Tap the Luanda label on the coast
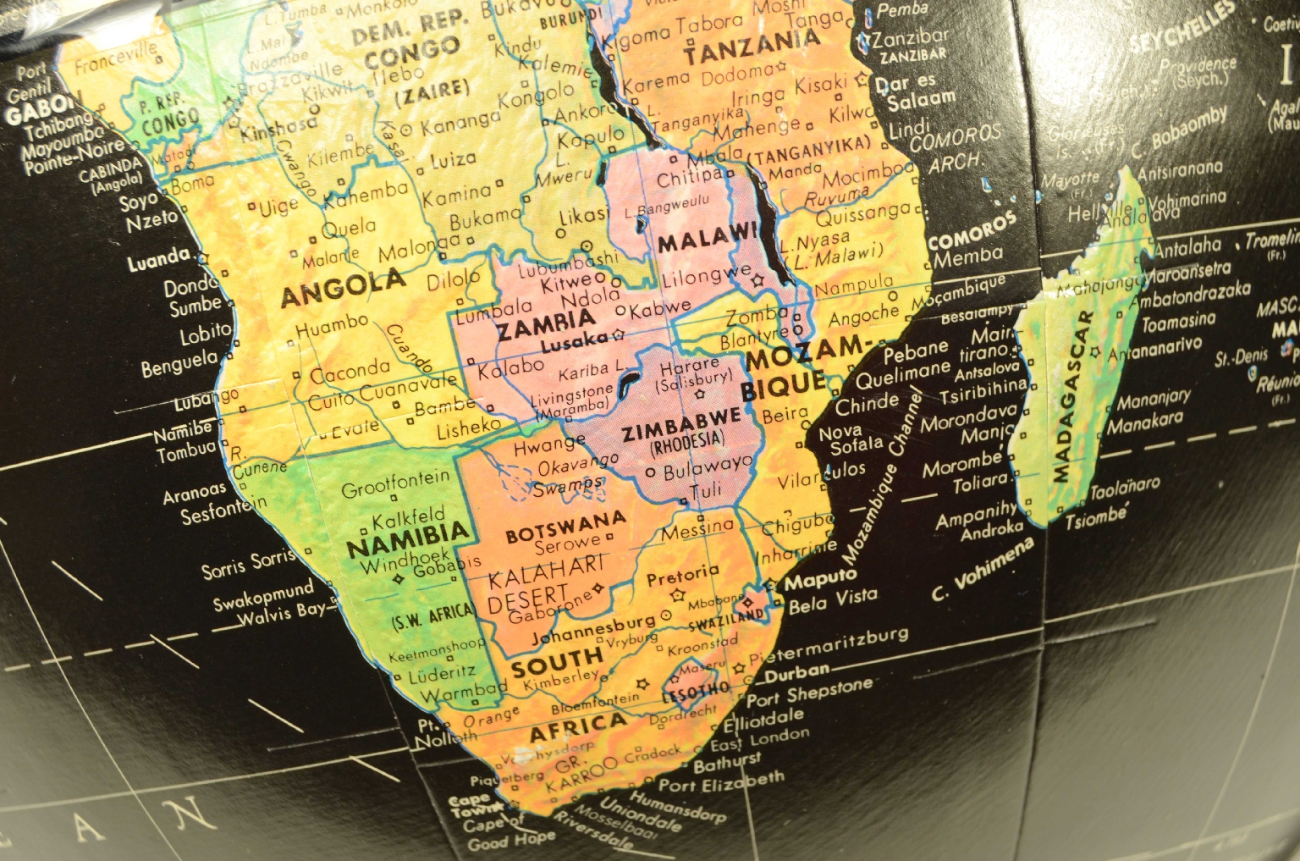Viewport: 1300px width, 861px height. click(x=157, y=260)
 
